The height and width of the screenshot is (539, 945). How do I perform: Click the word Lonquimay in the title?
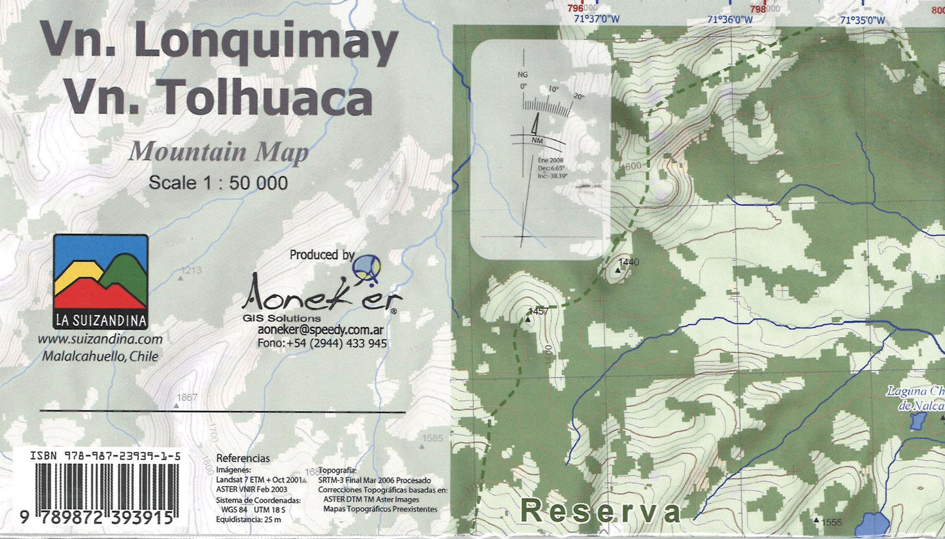click(265, 44)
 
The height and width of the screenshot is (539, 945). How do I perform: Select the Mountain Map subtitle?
click(218, 152)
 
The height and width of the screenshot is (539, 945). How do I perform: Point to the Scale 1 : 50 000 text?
click(218, 183)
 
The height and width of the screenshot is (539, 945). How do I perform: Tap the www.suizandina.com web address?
click(100, 339)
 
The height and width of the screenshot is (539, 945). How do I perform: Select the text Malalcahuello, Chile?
click(100, 356)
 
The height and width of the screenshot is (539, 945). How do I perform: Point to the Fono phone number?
click(322, 344)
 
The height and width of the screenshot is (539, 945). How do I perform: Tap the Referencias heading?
click(243, 459)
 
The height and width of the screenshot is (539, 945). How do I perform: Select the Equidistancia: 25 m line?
click(249, 519)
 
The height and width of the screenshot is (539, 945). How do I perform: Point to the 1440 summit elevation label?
click(628, 262)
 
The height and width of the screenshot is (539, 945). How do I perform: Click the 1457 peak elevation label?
click(538, 312)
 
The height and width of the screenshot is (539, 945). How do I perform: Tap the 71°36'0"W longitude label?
click(730, 20)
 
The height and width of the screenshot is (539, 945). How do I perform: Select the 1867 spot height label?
click(187, 397)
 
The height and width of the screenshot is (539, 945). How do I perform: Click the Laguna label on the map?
click(915, 392)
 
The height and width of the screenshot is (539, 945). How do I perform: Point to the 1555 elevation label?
click(831, 522)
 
